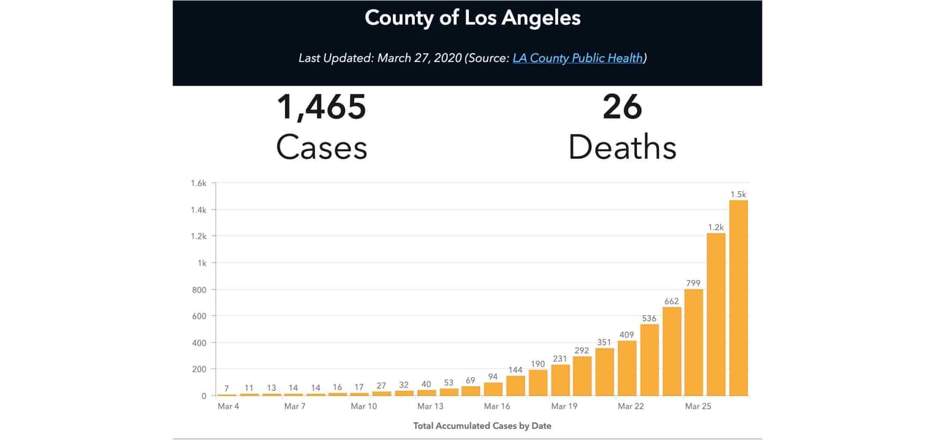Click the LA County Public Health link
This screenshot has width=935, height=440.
(x=578, y=58)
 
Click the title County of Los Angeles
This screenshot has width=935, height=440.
(x=473, y=18)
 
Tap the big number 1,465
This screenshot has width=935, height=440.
(x=321, y=107)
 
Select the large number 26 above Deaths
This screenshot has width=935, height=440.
(x=622, y=107)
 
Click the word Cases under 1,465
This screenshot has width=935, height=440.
(x=321, y=147)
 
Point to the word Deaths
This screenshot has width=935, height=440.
(x=622, y=147)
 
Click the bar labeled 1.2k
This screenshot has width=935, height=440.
(x=716, y=314)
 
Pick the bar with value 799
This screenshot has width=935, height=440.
(x=694, y=342)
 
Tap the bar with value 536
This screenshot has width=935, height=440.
(x=649, y=360)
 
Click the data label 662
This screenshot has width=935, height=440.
(x=671, y=301)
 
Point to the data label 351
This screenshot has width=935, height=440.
(x=604, y=342)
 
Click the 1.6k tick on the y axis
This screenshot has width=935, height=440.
(x=199, y=183)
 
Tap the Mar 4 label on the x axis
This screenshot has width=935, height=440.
(x=228, y=406)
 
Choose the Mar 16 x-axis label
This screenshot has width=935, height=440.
(x=497, y=406)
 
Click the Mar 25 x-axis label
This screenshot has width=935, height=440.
(x=698, y=406)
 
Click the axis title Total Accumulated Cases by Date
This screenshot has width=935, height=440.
(x=482, y=425)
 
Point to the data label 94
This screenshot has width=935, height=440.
(x=493, y=377)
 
